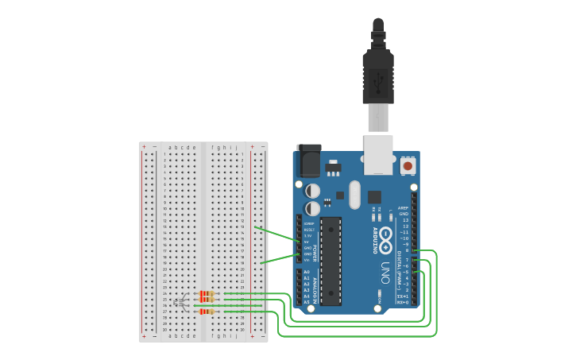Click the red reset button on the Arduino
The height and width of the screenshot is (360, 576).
coord(408,165)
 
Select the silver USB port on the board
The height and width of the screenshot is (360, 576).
coord(378,154)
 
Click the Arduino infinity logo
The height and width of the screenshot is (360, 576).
coord(386,238)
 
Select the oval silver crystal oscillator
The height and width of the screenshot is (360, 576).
coord(354,194)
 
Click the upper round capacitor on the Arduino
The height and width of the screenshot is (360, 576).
coord(313,192)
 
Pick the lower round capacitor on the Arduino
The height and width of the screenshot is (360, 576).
coord(313,207)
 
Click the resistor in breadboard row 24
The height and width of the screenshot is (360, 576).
coord(207,293)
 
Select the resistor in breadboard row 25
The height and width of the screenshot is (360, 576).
coord(207,300)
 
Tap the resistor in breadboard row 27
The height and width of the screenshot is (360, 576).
coord(207,312)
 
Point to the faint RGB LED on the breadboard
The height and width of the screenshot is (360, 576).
coord(182,302)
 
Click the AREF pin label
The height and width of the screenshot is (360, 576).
coord(403,207)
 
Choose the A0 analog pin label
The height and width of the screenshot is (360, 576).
coord(307,272)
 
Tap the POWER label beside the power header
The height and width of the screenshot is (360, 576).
coord(315,252)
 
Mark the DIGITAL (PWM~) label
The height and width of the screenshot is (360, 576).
coord(400,263)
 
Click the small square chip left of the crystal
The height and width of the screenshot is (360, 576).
coord(339,195)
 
